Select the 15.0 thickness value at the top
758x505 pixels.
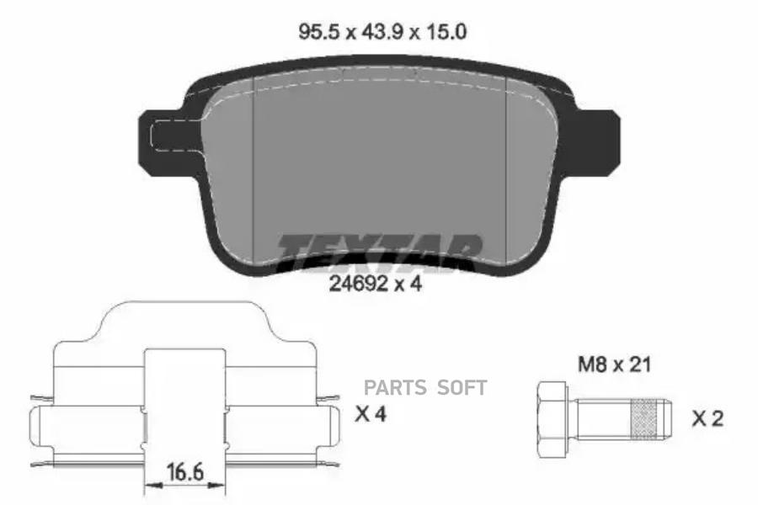[446, 32]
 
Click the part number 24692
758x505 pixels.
[358, 284]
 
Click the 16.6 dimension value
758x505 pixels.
[184, 471]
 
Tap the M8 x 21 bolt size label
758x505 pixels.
[615, 364]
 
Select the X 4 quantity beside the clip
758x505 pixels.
[371, 414]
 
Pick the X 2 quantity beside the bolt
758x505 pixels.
[707, 418]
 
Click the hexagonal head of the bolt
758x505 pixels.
[552, 418]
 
